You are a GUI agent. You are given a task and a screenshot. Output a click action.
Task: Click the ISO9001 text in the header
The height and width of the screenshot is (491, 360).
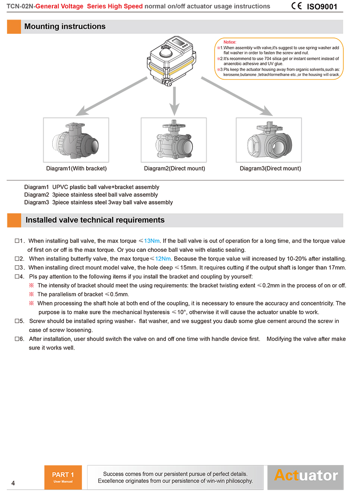(x=322, y=6)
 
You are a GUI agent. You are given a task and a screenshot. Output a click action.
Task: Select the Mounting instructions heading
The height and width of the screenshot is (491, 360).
(x=65, y=26)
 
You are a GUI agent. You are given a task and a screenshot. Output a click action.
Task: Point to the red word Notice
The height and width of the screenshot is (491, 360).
(x=230, y=42)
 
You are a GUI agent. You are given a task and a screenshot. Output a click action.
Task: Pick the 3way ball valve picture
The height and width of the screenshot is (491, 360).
(x=269, y=140)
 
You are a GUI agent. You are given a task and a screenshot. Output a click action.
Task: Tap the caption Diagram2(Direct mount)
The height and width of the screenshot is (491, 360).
(x=174, y=168)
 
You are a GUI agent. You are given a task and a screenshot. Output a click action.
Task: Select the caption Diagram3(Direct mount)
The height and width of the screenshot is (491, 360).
(x=270, y=168)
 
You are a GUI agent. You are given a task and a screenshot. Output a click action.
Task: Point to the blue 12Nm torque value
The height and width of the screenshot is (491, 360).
(x=163, y=258)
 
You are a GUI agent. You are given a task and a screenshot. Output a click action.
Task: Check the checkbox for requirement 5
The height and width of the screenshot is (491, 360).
(x=17, y=321)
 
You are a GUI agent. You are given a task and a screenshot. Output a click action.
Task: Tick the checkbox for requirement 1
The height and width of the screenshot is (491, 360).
(x=17, y=241)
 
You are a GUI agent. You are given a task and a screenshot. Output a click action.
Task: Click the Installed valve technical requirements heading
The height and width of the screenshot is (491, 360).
(x=95, y=220)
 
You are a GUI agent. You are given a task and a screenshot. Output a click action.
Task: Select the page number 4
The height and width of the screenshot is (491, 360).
(x=13, y=483)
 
